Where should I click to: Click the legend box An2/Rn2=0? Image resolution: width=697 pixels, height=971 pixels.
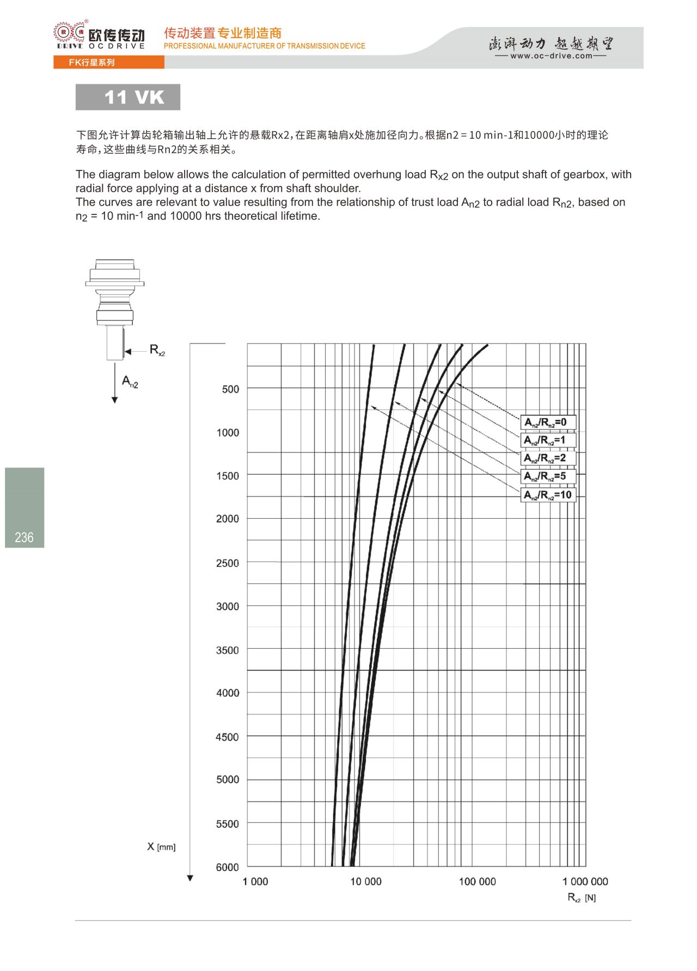coord(548,422)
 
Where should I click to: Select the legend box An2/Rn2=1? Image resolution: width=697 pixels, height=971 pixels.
coord(548,440)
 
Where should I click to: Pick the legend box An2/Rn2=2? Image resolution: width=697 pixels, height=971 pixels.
coord(548,458)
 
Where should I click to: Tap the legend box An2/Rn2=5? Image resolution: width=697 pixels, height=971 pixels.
coord(548,477)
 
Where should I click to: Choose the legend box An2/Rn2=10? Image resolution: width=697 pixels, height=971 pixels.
coord(548,495)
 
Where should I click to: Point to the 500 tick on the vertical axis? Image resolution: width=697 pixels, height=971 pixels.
coord(230,389)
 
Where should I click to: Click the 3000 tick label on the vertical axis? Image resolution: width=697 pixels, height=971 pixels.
coord(228,606)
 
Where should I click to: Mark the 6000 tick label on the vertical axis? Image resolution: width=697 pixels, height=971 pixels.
coord(228,867)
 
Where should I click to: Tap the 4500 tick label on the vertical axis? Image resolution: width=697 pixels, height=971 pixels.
coord(228,737)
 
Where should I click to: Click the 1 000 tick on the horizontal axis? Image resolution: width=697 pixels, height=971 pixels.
coord(255,882)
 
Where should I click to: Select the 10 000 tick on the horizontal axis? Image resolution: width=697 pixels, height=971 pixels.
coord(366,882)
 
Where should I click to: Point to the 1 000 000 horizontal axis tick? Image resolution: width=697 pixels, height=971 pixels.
coord(585,882)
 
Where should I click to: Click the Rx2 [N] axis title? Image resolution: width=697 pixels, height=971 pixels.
coord(582,898)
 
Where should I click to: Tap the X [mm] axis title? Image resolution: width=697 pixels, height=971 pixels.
coord(161,847)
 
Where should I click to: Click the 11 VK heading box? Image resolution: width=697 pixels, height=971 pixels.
coord(128,97)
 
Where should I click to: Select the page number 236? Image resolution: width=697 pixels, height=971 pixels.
coord(24,538)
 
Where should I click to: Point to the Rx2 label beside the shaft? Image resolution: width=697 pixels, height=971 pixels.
coord(157,350)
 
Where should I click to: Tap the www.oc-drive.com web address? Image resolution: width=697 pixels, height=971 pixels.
coord(551,56)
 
